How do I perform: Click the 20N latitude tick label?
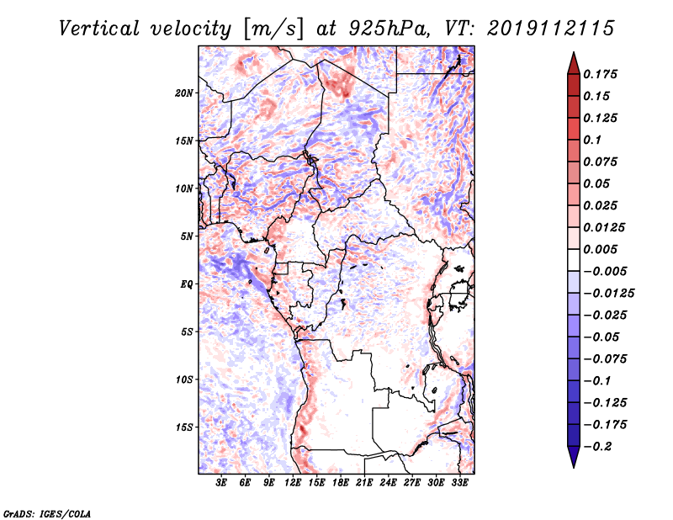coord(184,93)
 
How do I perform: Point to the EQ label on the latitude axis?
coord(186,284)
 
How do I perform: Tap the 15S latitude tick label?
coord(184,427)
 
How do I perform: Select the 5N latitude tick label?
coord(187,236)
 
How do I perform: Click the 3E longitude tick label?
coord(221,483)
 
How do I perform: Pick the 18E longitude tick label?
coord(341,483)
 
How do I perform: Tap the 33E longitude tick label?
coord(459,483)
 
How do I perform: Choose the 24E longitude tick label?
coord(388,483)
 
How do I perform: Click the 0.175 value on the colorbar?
coord(600,74)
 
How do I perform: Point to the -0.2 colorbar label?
coord(597,447)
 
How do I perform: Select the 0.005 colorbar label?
coord(600,249)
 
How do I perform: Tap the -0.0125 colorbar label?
coord(608,294)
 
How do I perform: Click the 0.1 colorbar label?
coord(592,140)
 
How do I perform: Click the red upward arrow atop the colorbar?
coord(574,63)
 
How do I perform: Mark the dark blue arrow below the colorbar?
coord(574,457)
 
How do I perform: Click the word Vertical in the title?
coord(98,29)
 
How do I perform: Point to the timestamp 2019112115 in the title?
coord(551,29)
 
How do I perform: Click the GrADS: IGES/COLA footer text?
coord(47,513)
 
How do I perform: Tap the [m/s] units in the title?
coord(273,29)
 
